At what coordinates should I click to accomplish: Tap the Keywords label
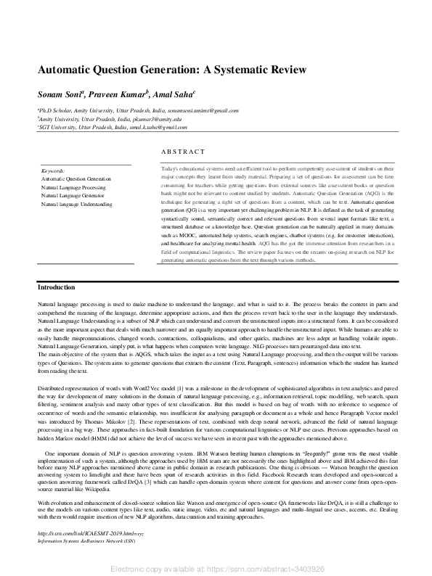(x=54, y=170)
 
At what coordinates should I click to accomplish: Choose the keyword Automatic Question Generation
(x=76, y=178)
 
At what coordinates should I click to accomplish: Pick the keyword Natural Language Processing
(x=73, y=187)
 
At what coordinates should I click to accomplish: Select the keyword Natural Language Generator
(x=73, y=196)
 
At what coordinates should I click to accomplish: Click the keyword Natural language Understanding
(x=76, y=205)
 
